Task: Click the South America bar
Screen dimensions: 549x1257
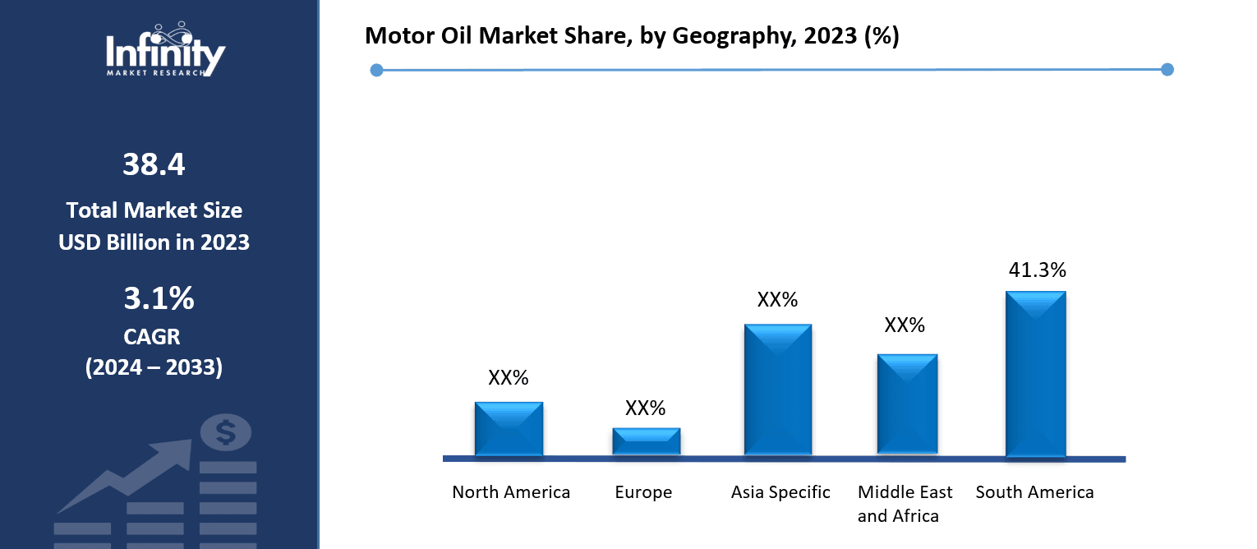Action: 1035,374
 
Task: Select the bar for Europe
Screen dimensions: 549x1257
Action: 647,441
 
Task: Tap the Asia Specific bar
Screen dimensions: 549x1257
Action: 777,390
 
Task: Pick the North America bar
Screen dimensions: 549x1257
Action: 509,428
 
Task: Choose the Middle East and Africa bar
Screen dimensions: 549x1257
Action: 907,404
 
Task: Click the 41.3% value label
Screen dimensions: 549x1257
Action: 1037,270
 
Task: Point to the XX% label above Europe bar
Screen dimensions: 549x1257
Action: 645,408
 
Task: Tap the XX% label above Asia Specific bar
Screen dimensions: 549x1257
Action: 777,299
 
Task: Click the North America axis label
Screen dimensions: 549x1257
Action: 511,492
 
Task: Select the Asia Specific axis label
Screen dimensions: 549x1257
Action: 780,492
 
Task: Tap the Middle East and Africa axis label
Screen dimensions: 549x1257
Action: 905,504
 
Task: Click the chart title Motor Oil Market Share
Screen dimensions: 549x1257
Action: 631,36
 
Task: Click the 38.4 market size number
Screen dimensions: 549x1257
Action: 154,165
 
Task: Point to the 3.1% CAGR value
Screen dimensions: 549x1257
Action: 159,299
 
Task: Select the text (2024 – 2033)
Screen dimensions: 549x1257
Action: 154,367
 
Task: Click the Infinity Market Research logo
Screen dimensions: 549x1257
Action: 165,51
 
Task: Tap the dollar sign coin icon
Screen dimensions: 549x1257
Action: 226,432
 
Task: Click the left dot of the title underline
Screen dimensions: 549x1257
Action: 377,70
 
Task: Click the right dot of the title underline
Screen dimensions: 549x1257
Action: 1167,70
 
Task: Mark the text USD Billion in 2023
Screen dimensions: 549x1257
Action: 154,242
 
